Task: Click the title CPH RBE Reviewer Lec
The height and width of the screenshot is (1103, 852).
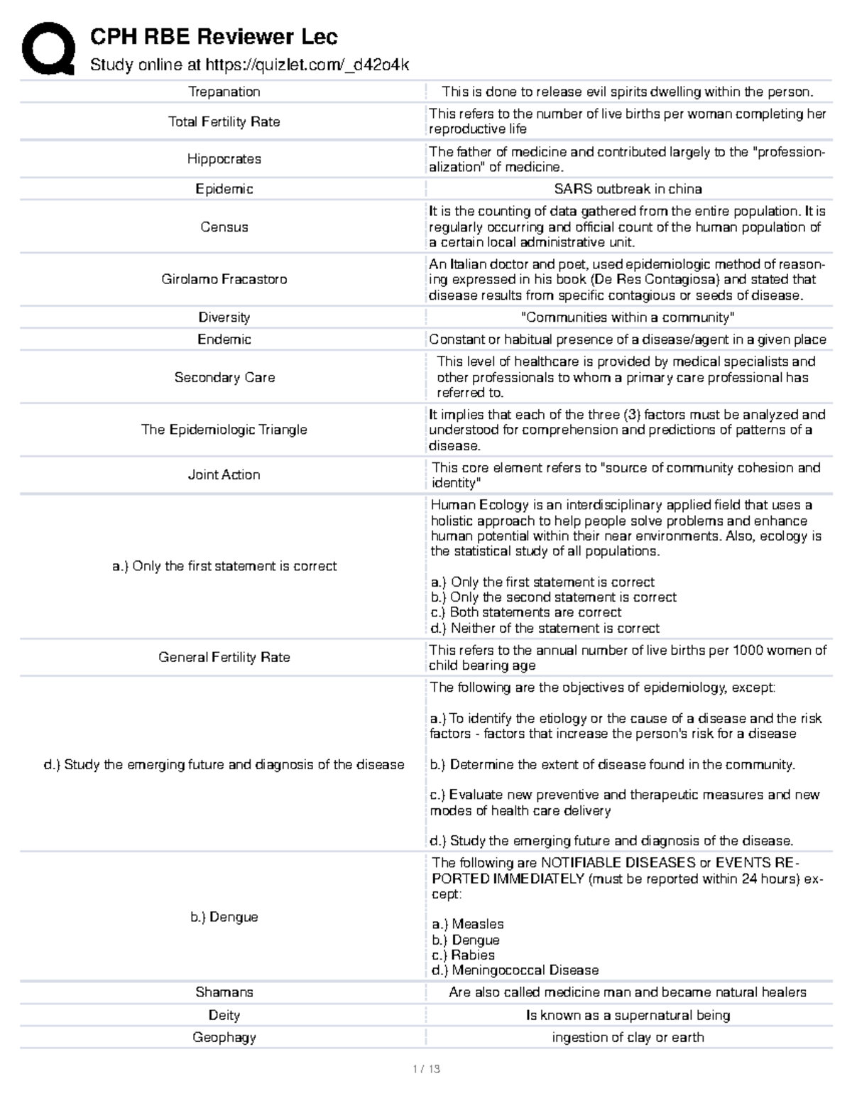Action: coord(213,36)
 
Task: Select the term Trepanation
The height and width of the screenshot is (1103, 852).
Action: coord(224,92)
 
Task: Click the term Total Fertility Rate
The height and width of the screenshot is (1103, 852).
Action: coord(224,121)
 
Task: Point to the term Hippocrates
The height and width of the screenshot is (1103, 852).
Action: coord(224,159)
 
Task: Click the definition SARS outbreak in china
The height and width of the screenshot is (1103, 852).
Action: coord(628,189)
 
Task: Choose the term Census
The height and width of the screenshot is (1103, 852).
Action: coord(224,227)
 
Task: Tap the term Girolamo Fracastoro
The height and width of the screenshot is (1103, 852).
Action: coord(224,279)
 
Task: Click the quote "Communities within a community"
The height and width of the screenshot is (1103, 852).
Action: coord(628,317)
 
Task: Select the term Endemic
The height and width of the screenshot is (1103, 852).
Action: coord(224,339)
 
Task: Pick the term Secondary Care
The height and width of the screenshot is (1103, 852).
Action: coord(224,377)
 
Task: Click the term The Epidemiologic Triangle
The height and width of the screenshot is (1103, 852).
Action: coord(224,430)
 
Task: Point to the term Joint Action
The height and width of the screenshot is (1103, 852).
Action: coord(224,474)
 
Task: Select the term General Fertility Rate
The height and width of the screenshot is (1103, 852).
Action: coord(224,657)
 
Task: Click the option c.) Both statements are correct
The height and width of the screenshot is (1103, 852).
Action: coord(525,612)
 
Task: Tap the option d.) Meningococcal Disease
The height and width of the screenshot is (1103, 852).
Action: coord(515,970)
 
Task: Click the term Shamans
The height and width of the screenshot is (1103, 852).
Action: coord(224,992)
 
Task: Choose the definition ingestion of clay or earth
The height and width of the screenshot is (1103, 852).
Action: coord(628,1037)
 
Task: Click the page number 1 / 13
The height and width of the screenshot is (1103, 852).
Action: coord(426,1069)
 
